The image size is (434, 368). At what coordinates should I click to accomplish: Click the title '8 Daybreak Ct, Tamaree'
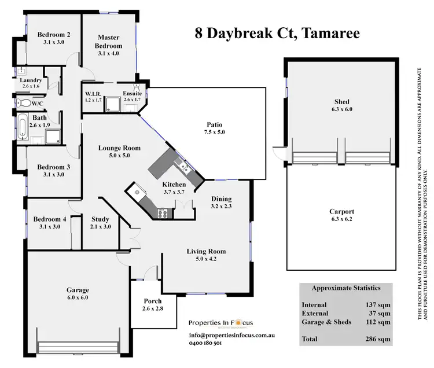(x=277, y=32)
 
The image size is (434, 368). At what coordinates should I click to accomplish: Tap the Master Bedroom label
(x=109, y=41)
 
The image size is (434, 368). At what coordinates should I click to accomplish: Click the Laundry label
(x=30, y=80)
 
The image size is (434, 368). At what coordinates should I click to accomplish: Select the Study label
(x=101, y=219)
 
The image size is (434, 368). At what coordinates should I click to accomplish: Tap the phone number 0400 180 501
(x=205, y=343)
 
